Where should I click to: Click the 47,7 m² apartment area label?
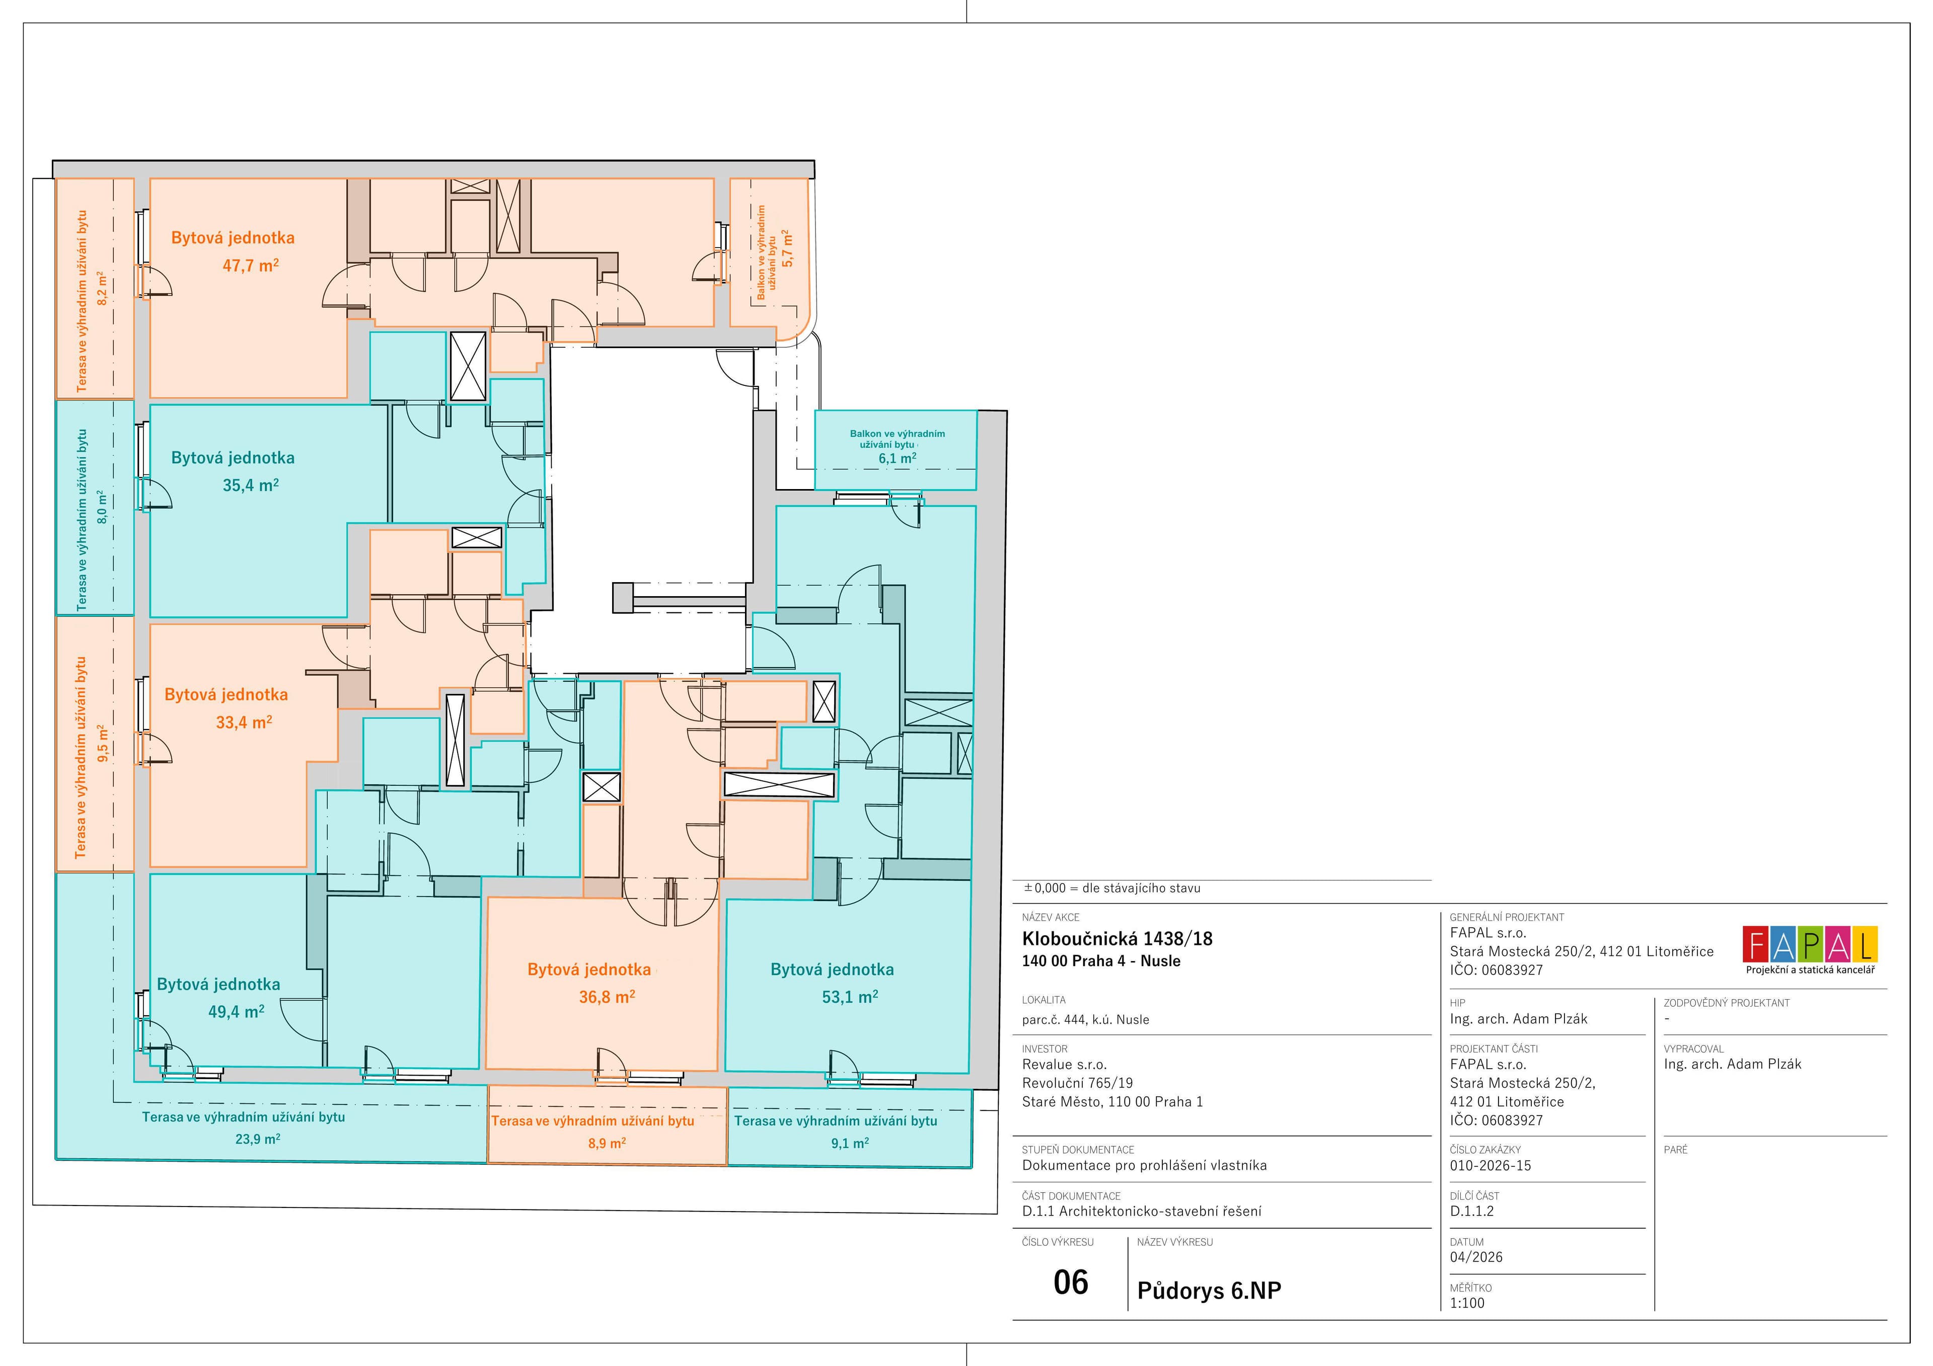click(x=251, y=265)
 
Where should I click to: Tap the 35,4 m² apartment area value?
click(x=251, y=485)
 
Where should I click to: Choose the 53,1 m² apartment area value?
click(x=850, y=997)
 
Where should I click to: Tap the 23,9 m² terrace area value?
click(x=258, y=1139)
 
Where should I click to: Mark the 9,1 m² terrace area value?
click(x=850, y=1143)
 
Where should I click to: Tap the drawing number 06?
click(x=1071, y=1282)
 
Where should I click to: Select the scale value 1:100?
click(x=1467, y=1303)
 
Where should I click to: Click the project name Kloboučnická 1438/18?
click(x=1117, y=938)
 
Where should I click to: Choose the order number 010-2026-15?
click(x=1490, y=1166)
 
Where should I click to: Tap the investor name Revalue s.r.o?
click(x=1064, y=1065)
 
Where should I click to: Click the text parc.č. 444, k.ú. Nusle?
click(x=1085, y=1019)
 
